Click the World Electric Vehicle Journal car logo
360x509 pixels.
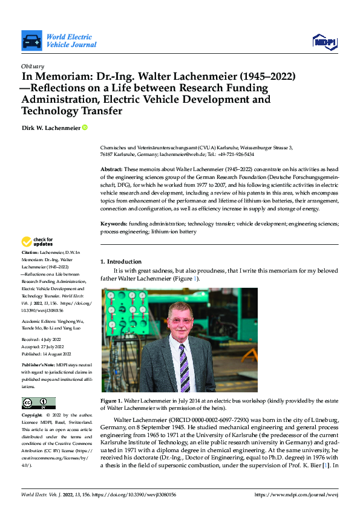pos(31,41)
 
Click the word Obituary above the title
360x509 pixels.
pos(33,66)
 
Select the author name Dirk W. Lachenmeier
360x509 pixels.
pos(50,128)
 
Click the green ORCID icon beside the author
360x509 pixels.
pos(85,128)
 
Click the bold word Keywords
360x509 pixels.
pos(114,224)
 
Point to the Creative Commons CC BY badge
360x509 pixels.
pos(38,403)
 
